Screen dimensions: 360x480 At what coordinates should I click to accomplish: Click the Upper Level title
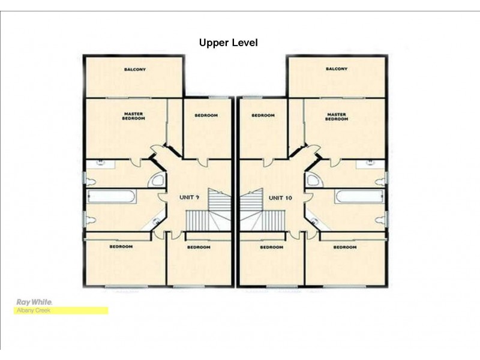point(228,43)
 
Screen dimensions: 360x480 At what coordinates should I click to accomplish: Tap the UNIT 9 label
point(190,197)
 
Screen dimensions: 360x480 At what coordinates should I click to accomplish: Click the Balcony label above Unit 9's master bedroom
point(135,70)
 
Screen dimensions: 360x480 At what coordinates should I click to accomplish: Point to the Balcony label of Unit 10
point(336,69)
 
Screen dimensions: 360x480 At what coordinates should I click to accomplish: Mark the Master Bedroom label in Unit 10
point(336,116)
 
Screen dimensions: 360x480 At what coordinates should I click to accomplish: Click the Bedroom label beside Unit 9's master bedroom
point(206,115)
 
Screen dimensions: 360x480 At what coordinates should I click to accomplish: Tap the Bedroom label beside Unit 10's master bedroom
point(263,115)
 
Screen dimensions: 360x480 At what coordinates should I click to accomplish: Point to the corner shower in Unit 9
point(157,182)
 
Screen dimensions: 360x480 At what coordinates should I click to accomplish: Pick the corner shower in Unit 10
point(311,182)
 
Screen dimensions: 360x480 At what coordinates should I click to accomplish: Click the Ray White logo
point(34,302)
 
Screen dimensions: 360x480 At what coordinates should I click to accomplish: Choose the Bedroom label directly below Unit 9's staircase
point(199,247)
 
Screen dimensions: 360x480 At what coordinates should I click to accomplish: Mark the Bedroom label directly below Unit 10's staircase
point(271,247)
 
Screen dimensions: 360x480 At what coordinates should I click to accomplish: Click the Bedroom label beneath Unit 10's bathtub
point(345,247)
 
